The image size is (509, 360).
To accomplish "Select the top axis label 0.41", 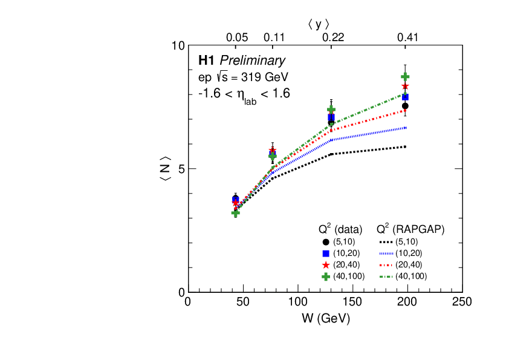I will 408,38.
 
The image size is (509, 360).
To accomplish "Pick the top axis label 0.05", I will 237,38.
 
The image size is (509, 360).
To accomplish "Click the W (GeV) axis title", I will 326,318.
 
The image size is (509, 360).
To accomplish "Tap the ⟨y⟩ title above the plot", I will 319,24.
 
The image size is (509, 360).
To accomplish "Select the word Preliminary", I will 252,61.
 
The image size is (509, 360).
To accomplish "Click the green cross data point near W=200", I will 405,77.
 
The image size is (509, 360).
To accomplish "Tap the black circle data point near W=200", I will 405,106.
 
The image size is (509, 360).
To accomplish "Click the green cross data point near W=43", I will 236,212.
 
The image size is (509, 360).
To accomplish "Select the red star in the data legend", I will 326,265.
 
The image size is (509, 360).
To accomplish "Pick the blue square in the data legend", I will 326,254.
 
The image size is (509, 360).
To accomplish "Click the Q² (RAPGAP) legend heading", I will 410,229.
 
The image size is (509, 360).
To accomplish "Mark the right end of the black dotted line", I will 406,146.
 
